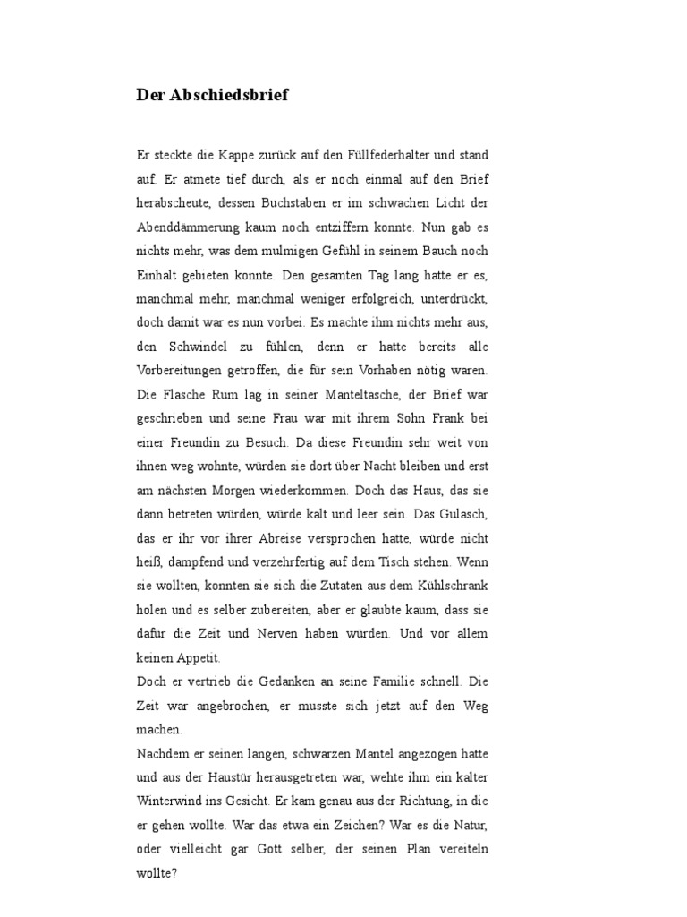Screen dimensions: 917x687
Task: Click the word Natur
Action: (470, 825)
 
